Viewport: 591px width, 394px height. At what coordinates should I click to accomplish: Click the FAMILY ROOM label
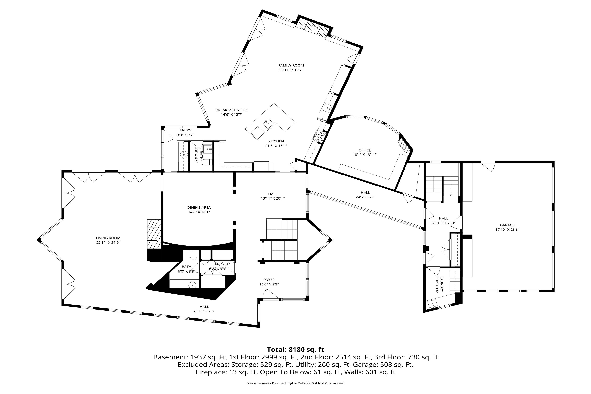[x=291, y=66]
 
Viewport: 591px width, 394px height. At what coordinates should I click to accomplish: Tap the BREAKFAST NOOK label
[x=232, y=110]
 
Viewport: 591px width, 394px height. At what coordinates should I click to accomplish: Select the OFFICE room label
[x=365, y=150]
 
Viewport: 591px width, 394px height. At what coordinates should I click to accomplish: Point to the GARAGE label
[x=507, y=225]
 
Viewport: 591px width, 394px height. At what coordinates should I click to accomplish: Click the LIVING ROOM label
[x=108, y=238]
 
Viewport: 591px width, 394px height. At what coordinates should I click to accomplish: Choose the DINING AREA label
[x=199, y=208]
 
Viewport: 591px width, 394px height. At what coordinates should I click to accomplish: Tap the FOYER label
[x=269, y=280]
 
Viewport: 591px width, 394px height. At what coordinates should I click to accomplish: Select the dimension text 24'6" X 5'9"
[x=365, y=197]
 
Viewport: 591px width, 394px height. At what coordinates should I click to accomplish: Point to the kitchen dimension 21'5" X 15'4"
[x=276, y=146]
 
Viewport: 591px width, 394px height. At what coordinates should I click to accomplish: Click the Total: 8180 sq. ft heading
[x=295, y=350]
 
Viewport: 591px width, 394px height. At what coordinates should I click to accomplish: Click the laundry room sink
[x=433, y=304]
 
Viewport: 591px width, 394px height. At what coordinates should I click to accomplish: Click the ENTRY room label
[x=186, y=130]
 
